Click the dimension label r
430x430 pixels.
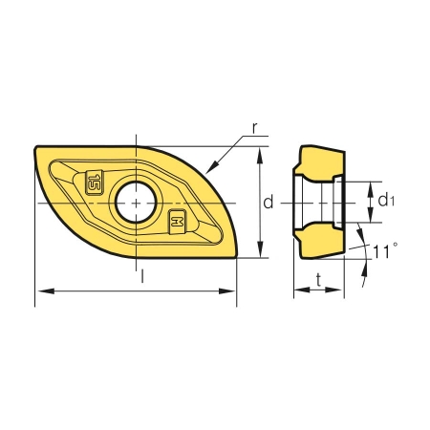(x=254, y=128)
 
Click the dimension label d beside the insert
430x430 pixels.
(x=269, y=202)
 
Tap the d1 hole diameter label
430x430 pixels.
(x=386, y=201)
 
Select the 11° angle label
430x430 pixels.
(x=385, y=251)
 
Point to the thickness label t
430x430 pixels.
(x=318, y=280)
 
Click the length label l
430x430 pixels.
(x=142, y=275)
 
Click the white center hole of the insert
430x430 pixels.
(x=136, y=203)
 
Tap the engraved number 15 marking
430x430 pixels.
(x=94, y=183)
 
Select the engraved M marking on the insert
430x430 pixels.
(x=177, y=222)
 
